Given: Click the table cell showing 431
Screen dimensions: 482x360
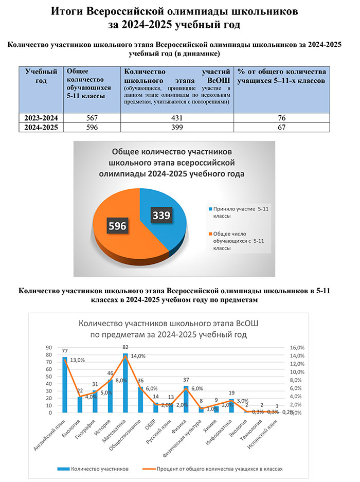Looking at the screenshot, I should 177,118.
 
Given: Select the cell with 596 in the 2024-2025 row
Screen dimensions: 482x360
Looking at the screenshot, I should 92,128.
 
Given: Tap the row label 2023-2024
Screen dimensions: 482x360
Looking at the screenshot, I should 41,118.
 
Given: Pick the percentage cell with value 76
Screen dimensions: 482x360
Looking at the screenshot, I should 281,118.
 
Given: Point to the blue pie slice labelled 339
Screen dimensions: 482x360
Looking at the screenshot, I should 167,226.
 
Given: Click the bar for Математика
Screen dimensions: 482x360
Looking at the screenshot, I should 125,383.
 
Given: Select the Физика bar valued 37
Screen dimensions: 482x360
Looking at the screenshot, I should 186,399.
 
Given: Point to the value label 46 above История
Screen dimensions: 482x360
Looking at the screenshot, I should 111,373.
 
